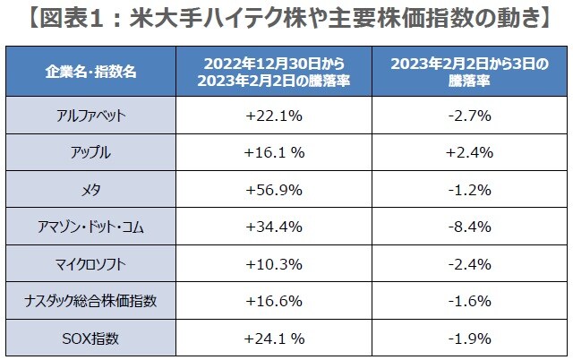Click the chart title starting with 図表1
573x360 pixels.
point(286,17)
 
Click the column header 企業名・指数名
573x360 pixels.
point(90,72)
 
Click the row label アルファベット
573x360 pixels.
point(90,116)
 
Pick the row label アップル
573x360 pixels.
point(90,152)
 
